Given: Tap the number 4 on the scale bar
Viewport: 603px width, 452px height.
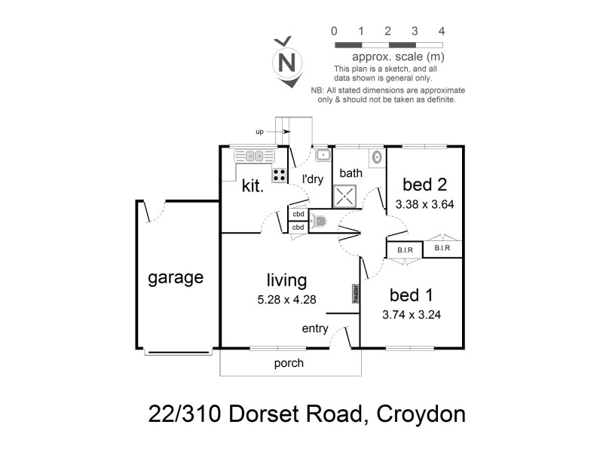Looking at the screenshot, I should pyautogui.click(x=442, y=32).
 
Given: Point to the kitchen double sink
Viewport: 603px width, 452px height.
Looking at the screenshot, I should pyautogui.click(x=252, y=156).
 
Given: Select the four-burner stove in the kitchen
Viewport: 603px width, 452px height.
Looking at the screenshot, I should pyautogui.click(x=279, y=175).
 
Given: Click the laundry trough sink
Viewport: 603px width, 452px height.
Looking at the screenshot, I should pyautogui.click(x=323, y=155).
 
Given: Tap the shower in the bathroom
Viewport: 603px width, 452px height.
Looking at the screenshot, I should pyautogui.click(x=345, y=197).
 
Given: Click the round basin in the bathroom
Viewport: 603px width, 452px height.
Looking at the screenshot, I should pyautogui.click(x=376, y=157).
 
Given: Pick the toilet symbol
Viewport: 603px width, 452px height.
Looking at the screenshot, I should pyautogui.click(x=320, y=221).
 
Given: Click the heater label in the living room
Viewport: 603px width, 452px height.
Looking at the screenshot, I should pyautogui.click(x=353, y=292).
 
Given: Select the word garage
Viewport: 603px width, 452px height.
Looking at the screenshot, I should pyautogui.click(x=175, y=277).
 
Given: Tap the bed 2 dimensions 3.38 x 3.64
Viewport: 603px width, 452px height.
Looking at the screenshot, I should pyautogui.click(x=424, y=203).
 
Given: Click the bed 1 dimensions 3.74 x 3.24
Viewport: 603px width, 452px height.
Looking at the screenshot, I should pyautogui.click(x=412, y=315).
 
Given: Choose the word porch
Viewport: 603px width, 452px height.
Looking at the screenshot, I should pyautogui.click(x=289, y=363).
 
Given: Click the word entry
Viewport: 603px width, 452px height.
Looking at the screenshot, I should pyautogui.click(x=314, y=328).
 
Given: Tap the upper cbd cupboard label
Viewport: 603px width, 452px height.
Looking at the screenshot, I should pyautogui.click(x=298, y=214).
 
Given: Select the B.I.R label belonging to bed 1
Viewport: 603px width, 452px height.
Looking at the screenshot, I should pyautogui.click(x=399, y=249).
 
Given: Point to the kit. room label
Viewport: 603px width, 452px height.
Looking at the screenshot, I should pyautogui.click(x=253, y=185).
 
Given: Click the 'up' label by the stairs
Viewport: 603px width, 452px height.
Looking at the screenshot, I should pyautogui.click(x=259, y=132).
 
